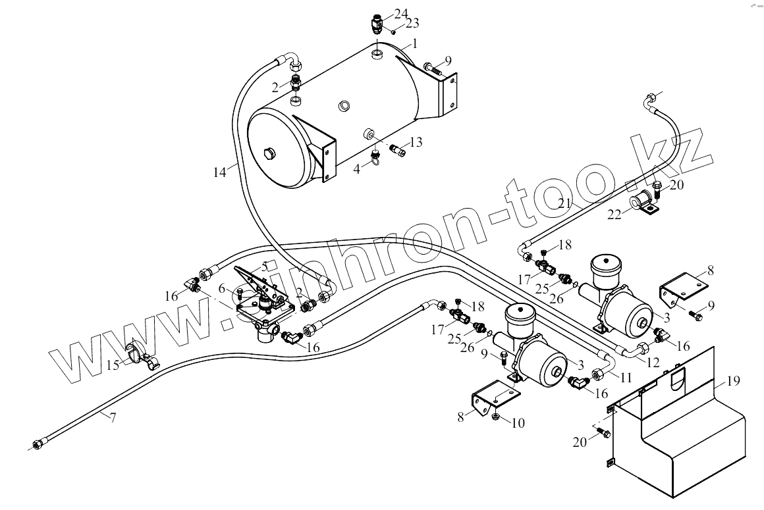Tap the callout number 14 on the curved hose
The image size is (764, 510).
click(219, 172)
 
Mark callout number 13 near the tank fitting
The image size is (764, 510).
click(416, 143)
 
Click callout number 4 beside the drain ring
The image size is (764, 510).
click(356, 168)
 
